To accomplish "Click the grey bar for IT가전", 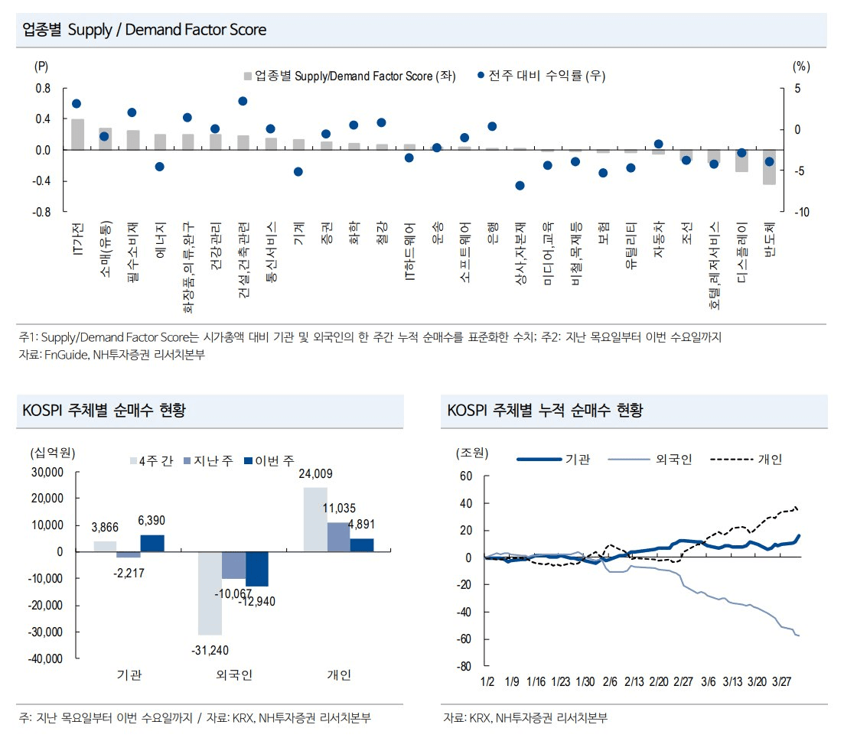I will click(x=77, y=135).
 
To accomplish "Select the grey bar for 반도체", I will click(x=769, y=167).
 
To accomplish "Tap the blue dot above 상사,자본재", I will click(x=520, y=185).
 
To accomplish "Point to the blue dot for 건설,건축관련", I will click(x=243, y=101).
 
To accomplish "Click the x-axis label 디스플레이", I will click(x=742, y=244).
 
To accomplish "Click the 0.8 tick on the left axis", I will click(x=43, y=89).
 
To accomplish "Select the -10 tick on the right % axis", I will click(x=801, y=212).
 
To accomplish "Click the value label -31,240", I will click(x=210, y=649).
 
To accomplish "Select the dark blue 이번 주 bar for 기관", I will click(x=152, y=543).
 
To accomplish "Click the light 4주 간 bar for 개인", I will click(x=315, y=519).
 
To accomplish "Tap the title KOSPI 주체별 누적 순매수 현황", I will click(x=545, y=411).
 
